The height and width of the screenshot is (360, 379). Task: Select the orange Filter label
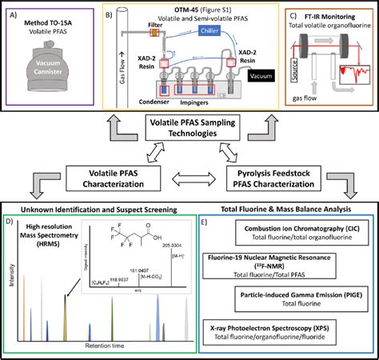[x=156, y=25]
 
